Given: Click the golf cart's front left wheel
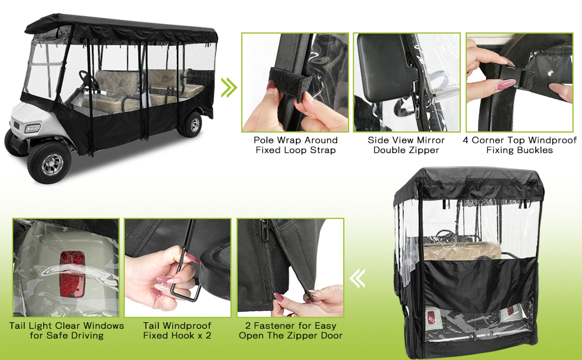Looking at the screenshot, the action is pyautogui.click(x=49, y=163).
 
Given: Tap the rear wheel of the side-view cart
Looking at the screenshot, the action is pyautogui.click(x=192, y=124).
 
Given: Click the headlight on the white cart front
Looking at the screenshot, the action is pyautogui.click(x=32, y=128).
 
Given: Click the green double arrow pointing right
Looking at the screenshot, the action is pyautogui.click(x=229, y=88).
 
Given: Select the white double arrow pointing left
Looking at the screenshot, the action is pyautogui.click(x=357, y=279).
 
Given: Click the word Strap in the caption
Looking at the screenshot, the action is pyautogui.click(x=322, y=151).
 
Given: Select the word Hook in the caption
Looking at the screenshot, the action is pyautogui.click(x=185, y=335).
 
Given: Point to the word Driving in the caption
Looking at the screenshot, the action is pyautogui.click(x=88, y=335).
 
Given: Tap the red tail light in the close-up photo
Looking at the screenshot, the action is pyautogui.click(x=73, y=274).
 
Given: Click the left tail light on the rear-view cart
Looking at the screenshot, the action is pyautogui.click(x=431, y=317).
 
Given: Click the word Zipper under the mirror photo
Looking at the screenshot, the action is pyautogui.click(x=424, y=151).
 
